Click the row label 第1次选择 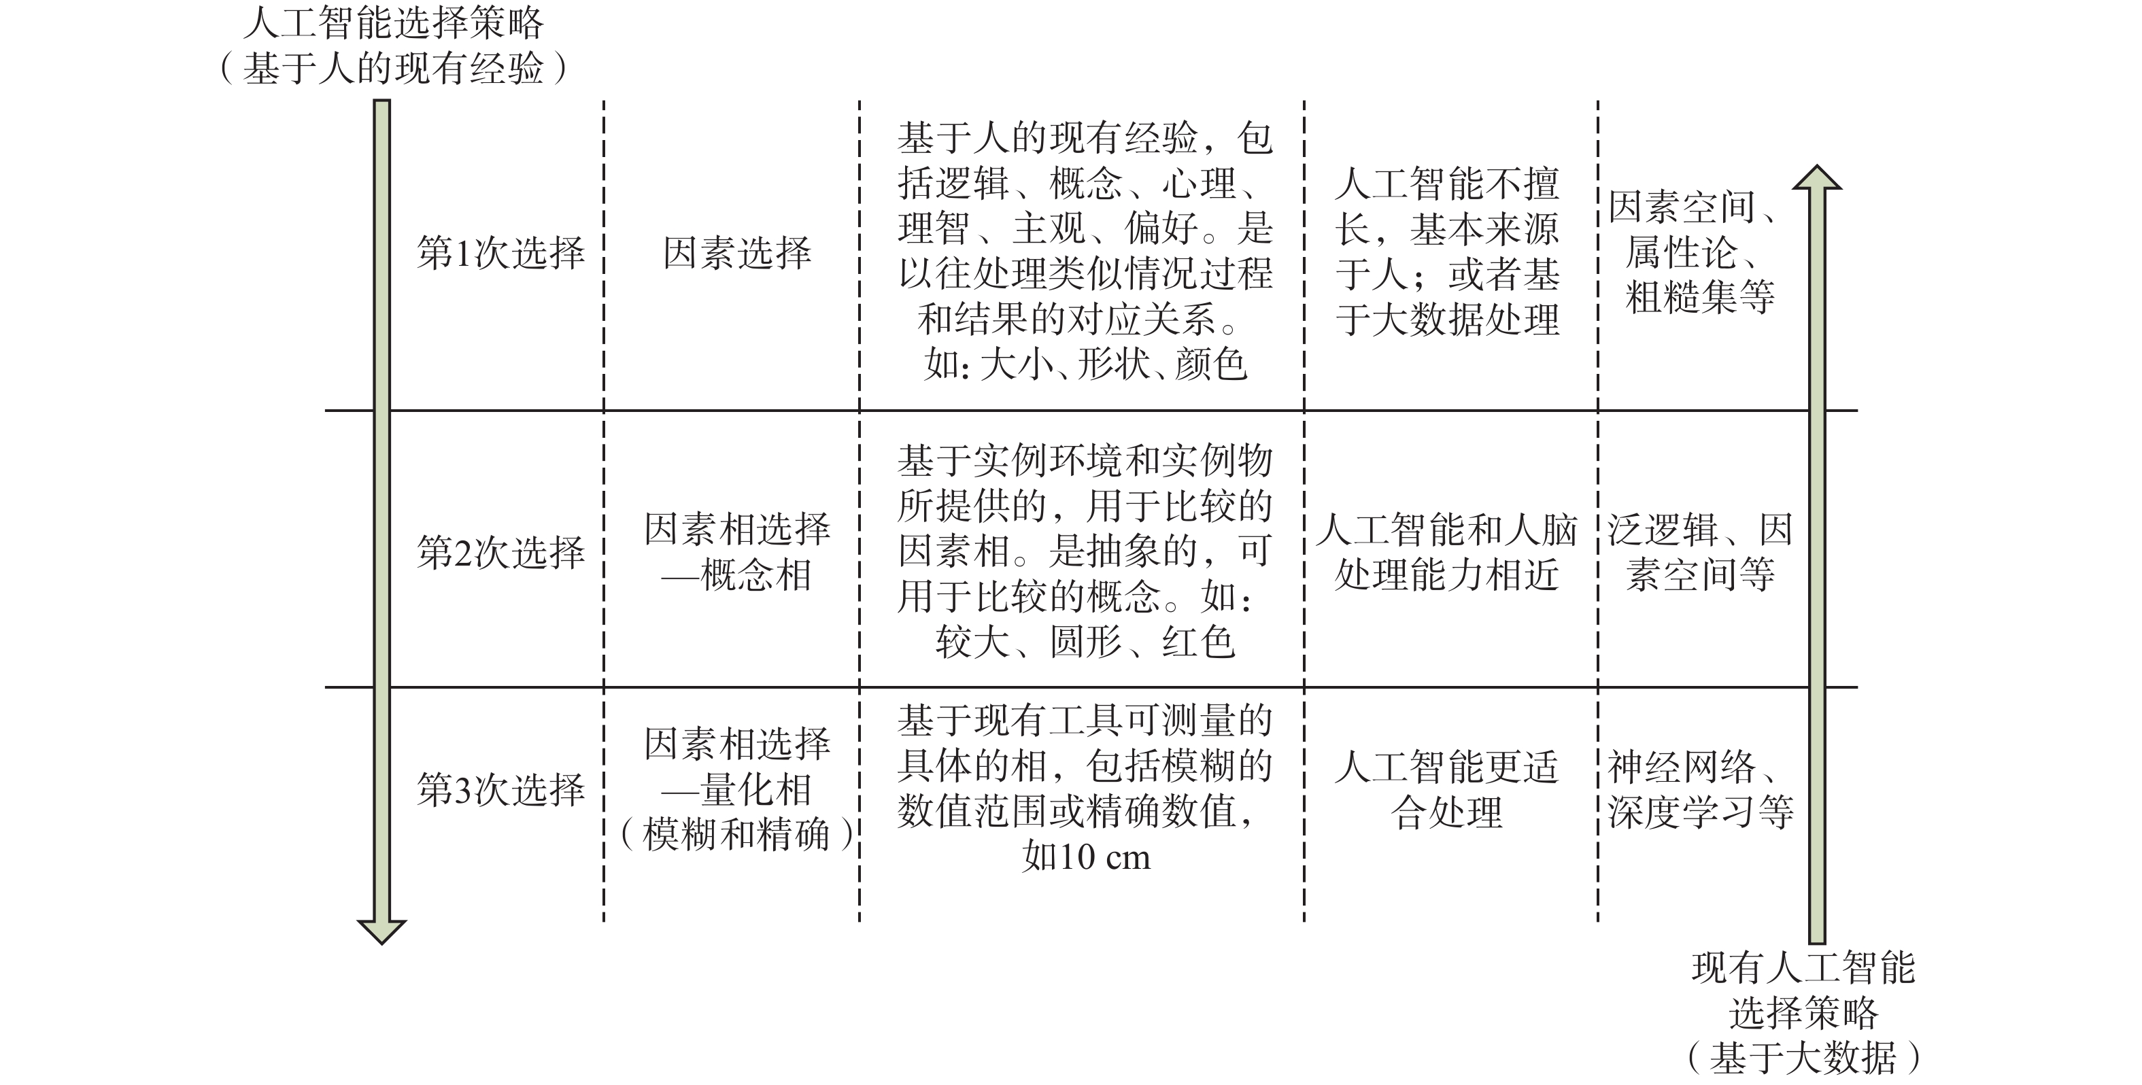coord(500,253)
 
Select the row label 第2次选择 coord(500,552)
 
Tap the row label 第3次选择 coord(500,790)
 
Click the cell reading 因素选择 coord(736,253)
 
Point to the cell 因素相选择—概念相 coord(736,552)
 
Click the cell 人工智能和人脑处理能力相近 coord(1447,552)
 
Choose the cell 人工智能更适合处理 coord(1447,790)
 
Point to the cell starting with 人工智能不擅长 coord(1447,253)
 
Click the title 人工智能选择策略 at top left coord(392,23)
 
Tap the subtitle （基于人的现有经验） coord(392,68)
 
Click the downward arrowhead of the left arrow coord(381,931)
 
